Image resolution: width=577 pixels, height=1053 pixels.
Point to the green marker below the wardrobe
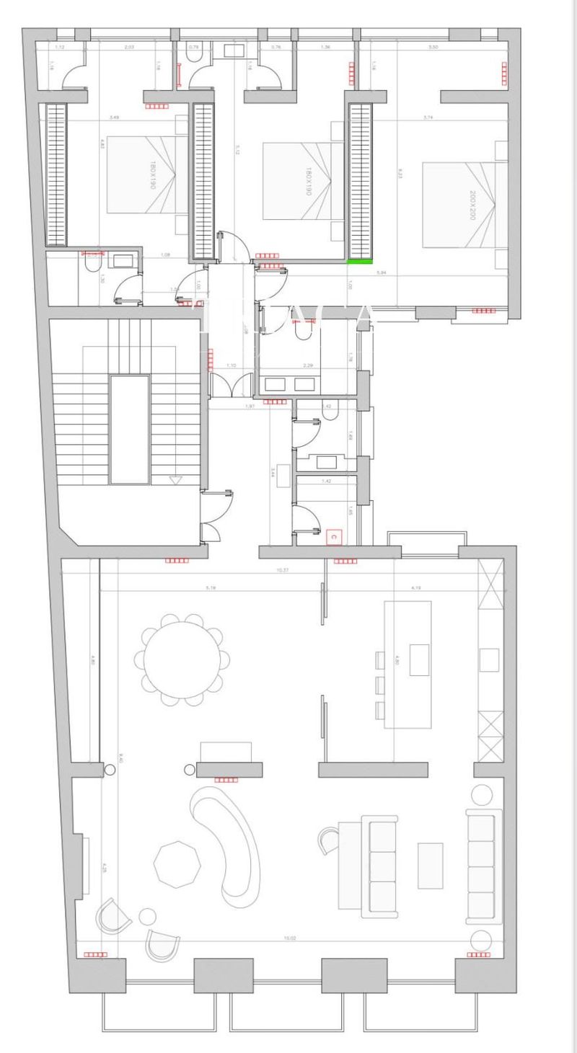point(359,262)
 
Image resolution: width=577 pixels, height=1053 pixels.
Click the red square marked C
point(333,536)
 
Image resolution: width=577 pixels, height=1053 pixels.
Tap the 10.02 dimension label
point(290,938)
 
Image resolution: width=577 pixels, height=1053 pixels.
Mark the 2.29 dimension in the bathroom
point(308,366)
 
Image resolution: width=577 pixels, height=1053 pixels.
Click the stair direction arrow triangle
point(174,479)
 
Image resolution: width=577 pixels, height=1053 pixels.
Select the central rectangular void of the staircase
point(129,430)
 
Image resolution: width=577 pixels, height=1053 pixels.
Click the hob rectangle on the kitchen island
point(419,659)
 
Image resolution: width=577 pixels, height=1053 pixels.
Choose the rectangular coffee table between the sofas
point(431,864)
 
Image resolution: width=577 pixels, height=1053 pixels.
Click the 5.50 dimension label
point(433,47)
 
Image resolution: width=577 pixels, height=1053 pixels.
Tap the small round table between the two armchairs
point(148,917)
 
